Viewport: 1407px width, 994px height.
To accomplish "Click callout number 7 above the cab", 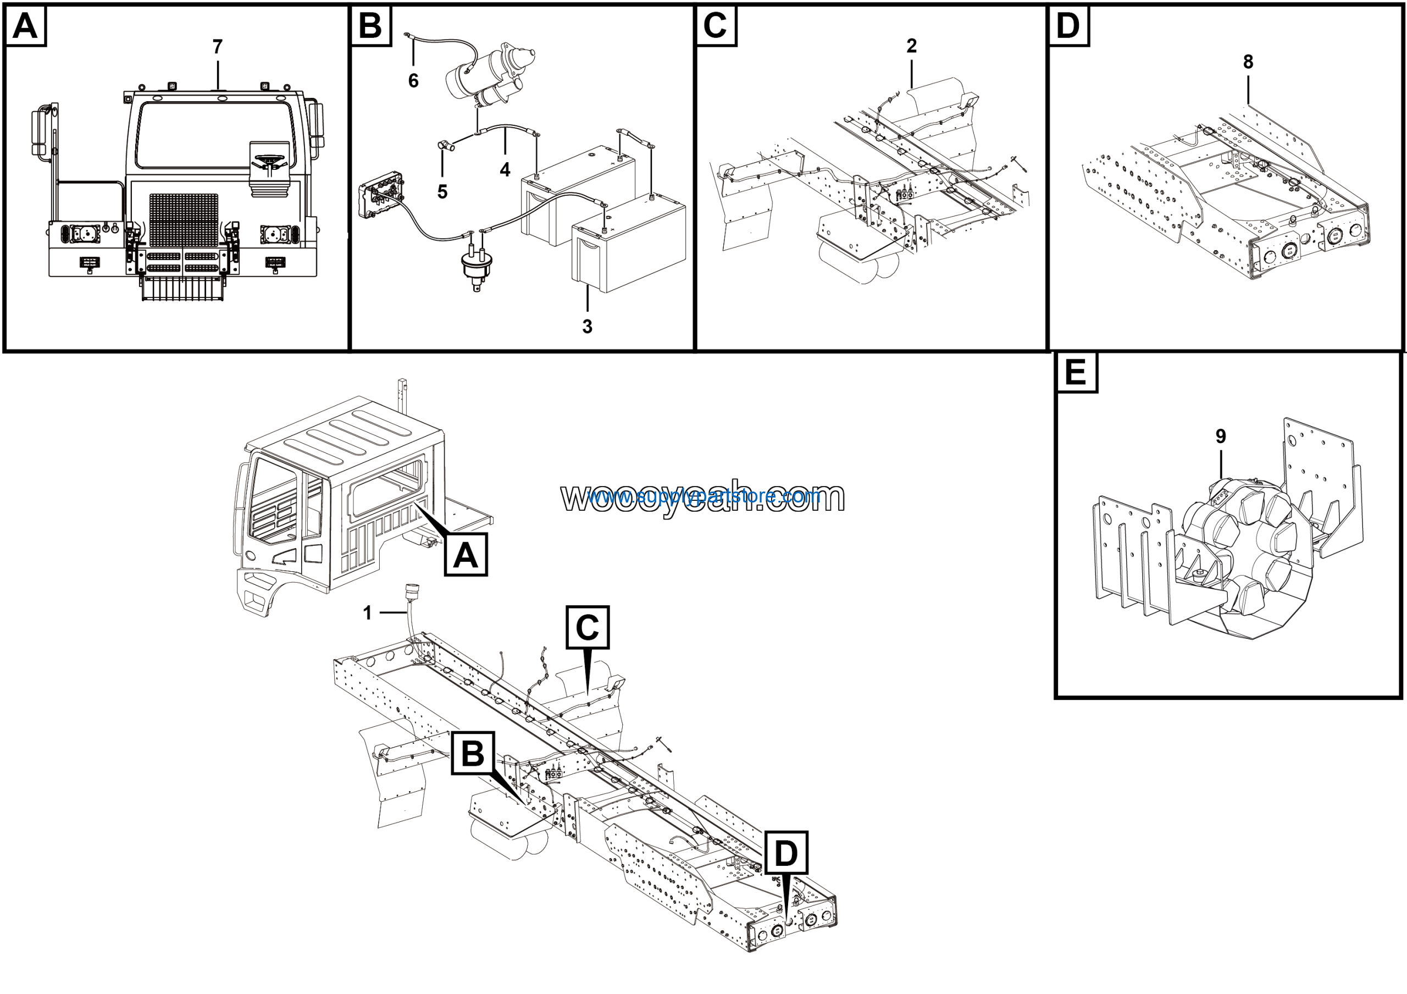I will pyautogui.click(x=218, y=47).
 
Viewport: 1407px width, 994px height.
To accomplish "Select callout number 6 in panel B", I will pyautogui.click(x=414, y=80).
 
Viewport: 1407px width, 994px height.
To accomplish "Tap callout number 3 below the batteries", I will pyautogui.click(x=587, y=327).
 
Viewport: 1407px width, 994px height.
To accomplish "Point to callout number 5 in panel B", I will pyautogui.click(x=442, y=192).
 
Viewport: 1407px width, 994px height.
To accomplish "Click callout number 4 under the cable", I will pyautogui.click(x=505, y=170).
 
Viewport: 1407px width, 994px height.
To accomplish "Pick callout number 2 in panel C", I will pyautogui.click(x=911, y=46).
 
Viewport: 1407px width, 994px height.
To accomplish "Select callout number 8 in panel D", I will pyautogui.click(x=1248, y=62).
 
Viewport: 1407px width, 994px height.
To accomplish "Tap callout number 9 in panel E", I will pyautogui.click(x=1221, y=437).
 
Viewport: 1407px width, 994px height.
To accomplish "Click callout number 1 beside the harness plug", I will pyautogui.click(x=367, y=613).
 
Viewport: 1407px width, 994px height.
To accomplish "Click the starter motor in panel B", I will pyautogui.click(x=490, y=76).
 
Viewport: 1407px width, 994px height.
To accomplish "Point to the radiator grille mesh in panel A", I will pyautogui.click(x=184, y=220).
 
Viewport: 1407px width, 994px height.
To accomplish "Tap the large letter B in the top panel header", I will pyautogui.click(x=370, y=26).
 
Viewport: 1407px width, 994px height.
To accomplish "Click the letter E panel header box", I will pyautogui.click(x=1076, y=373).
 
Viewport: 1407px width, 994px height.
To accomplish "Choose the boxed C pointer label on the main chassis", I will pyautogui.click(x=587, y=627).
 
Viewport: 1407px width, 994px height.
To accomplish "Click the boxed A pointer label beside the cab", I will pyautogui.click(x=466, y=555).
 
